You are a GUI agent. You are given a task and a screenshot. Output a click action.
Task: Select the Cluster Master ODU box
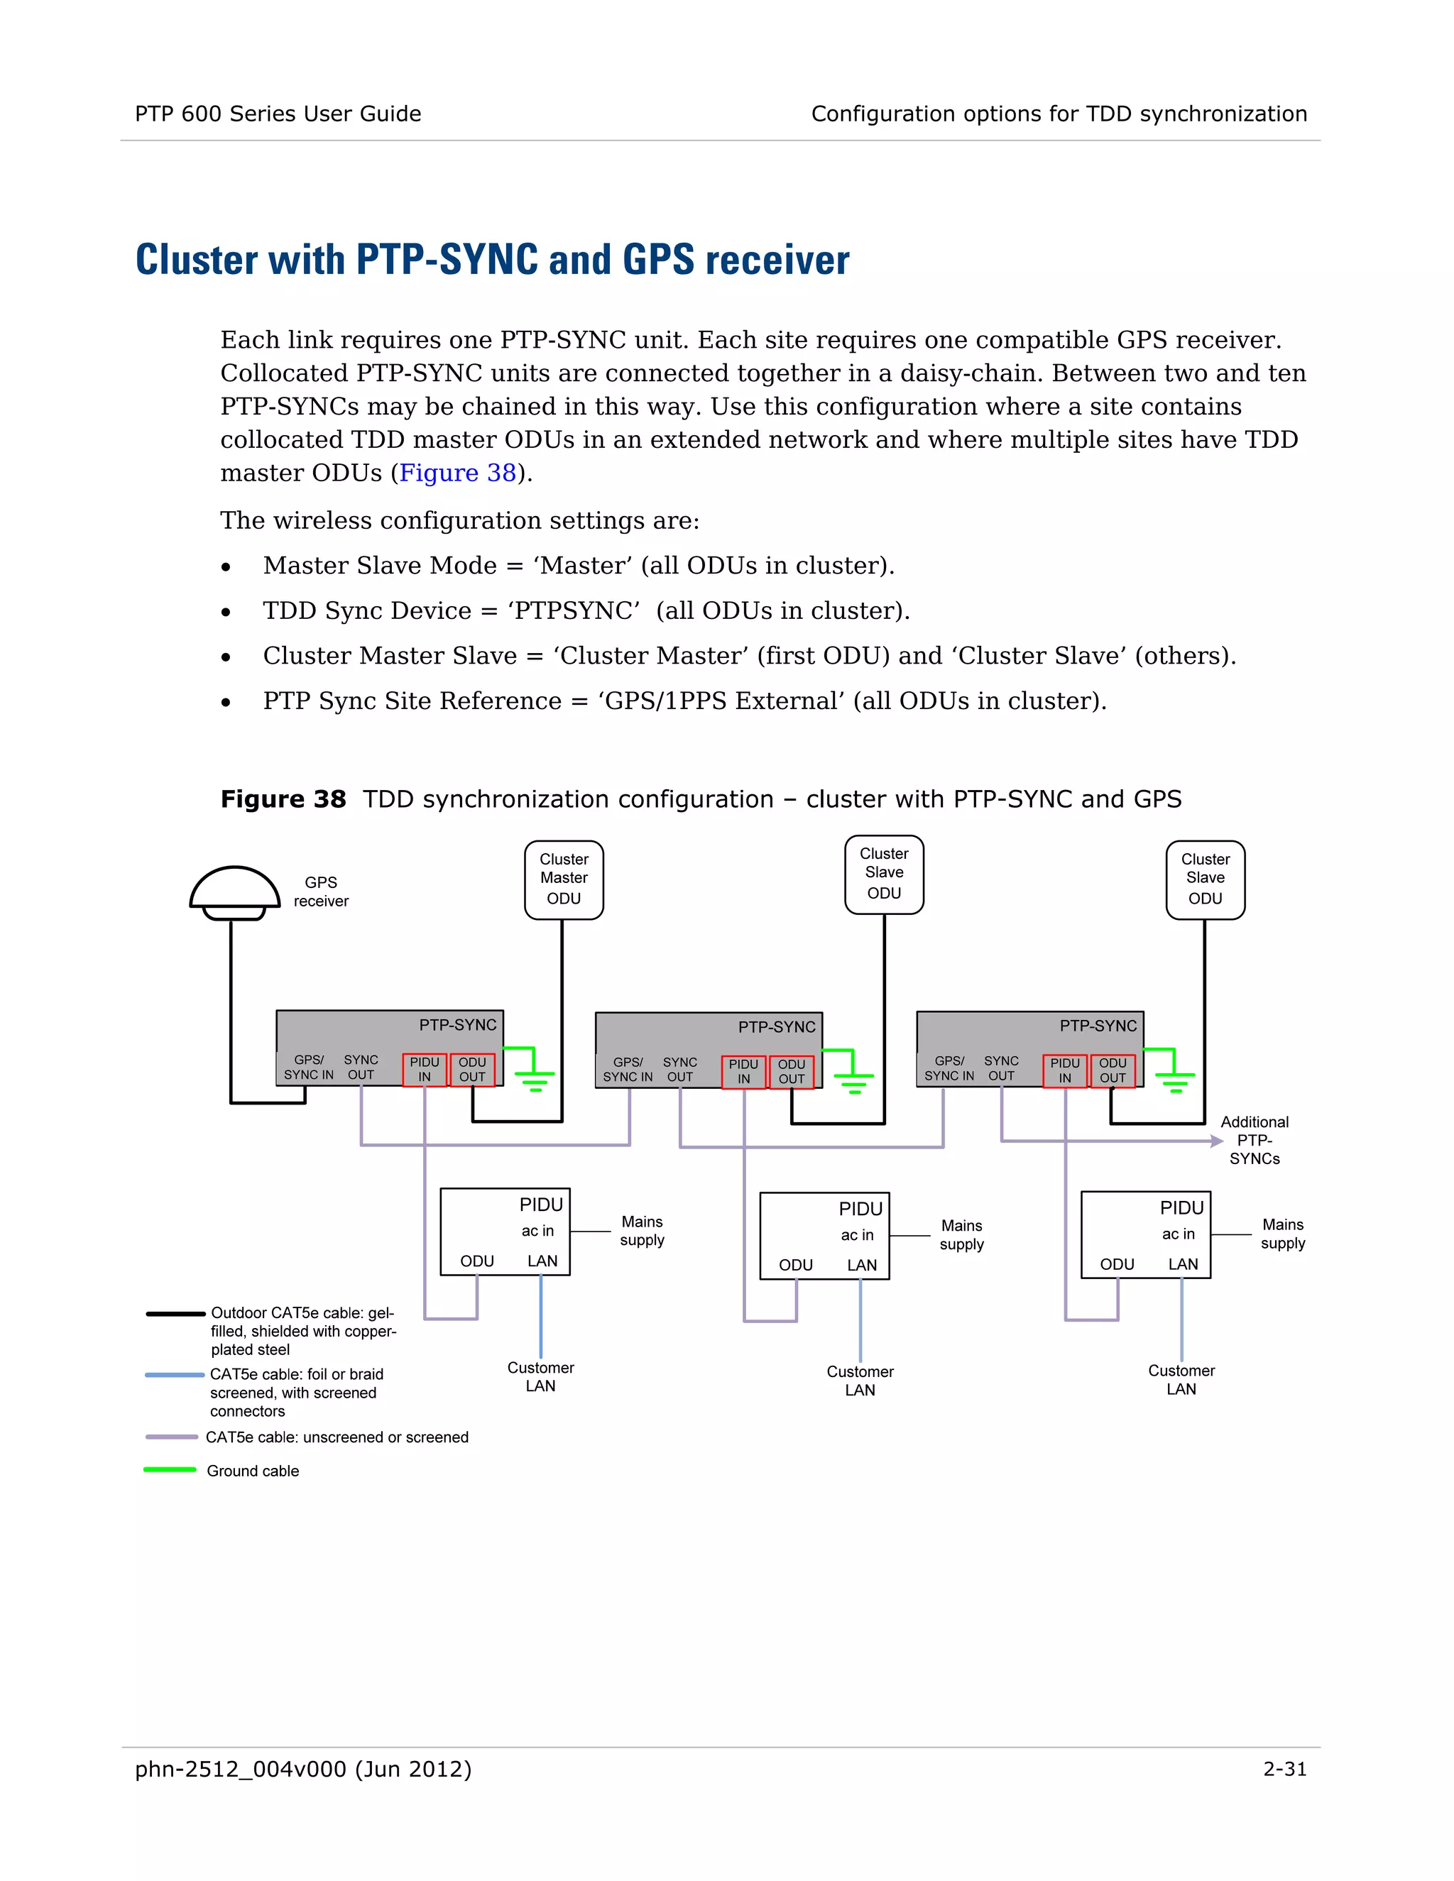click(x=563, y=879)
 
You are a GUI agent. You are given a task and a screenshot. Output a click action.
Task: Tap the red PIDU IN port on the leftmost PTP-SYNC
click(x=425, y=1070)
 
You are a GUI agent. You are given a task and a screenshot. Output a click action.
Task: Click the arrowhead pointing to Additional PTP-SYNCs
click(x=1216, y=1141)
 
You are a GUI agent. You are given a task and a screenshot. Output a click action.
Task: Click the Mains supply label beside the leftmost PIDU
click(x=642, y=1231)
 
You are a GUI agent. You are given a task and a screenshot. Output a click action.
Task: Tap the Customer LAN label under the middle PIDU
click(x=860, y=1381)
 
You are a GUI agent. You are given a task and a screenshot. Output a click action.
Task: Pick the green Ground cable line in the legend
click(x=170, y=1469)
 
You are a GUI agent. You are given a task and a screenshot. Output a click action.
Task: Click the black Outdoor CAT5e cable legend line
click(x=176, y=1313)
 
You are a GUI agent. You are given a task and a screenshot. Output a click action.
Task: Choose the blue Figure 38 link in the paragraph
click(x=457, y=473)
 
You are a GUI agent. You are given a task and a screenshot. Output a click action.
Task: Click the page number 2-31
click(x=1284, y=1769)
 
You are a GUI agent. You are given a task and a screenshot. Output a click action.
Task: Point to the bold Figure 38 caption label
click(x=283, y=799)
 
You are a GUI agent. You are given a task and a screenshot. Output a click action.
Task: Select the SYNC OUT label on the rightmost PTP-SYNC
click(x=1001, y=1069)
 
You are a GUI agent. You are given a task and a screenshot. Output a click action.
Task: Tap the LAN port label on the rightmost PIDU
click(x=1183, y=1264)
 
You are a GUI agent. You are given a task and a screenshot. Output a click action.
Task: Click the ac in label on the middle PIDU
click(x=857, y=1235)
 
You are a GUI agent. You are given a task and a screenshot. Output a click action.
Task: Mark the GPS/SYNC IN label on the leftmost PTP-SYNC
click(x=308, y=1067)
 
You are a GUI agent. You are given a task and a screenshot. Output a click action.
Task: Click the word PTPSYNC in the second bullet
click(x=574, y=610)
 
